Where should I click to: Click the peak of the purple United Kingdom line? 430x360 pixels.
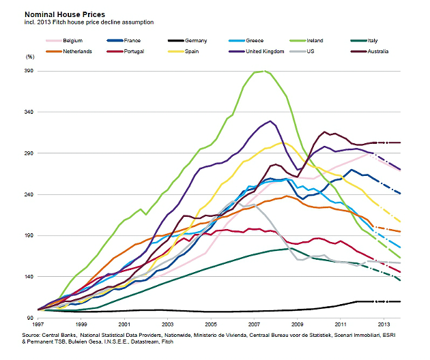point(271,121)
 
